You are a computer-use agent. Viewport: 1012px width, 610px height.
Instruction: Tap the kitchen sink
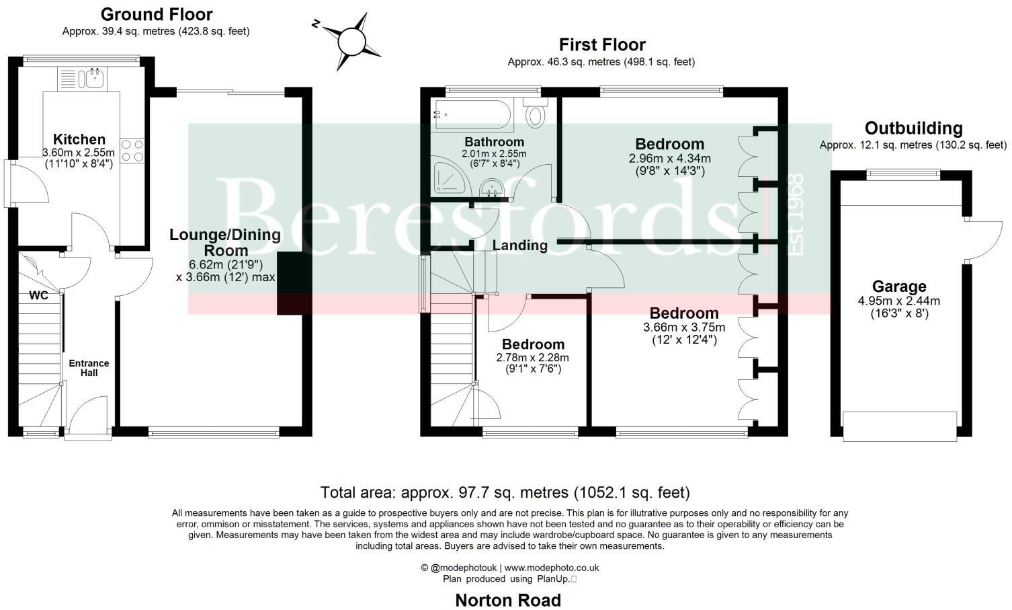[x=91, y=79]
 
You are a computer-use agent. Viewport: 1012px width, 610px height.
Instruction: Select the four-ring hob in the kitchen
[x=132, y=151]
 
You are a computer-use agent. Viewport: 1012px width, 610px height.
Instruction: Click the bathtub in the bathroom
[x=474, y=115]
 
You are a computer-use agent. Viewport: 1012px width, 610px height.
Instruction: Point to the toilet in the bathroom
[x=536, y=113]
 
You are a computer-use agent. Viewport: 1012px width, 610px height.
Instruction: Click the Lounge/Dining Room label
[x=224, y=242]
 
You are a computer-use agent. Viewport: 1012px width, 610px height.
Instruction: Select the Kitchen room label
[x=79, y=139]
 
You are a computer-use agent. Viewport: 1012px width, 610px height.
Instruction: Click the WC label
[x=38, y=295]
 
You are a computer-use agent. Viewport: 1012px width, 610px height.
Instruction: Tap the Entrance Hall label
[x=89, y=368]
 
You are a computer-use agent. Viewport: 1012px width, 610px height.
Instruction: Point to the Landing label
[x=519, y=245]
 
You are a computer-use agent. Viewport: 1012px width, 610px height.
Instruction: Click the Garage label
[x=898, y=287]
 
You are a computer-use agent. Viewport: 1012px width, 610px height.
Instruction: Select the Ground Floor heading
[x=156, y=14]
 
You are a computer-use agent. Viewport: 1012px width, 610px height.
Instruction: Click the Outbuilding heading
[x=913, y=128]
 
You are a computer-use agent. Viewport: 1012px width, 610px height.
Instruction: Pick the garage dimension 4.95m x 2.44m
[x=898, y=301]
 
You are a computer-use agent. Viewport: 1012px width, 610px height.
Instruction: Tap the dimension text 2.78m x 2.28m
[x=532, y=358]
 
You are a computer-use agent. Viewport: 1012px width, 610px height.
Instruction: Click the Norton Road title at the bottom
[x=507, y=600]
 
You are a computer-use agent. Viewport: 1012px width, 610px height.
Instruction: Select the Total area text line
[x=505, y=492]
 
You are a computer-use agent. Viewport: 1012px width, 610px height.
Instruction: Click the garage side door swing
[x=984, y=240]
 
